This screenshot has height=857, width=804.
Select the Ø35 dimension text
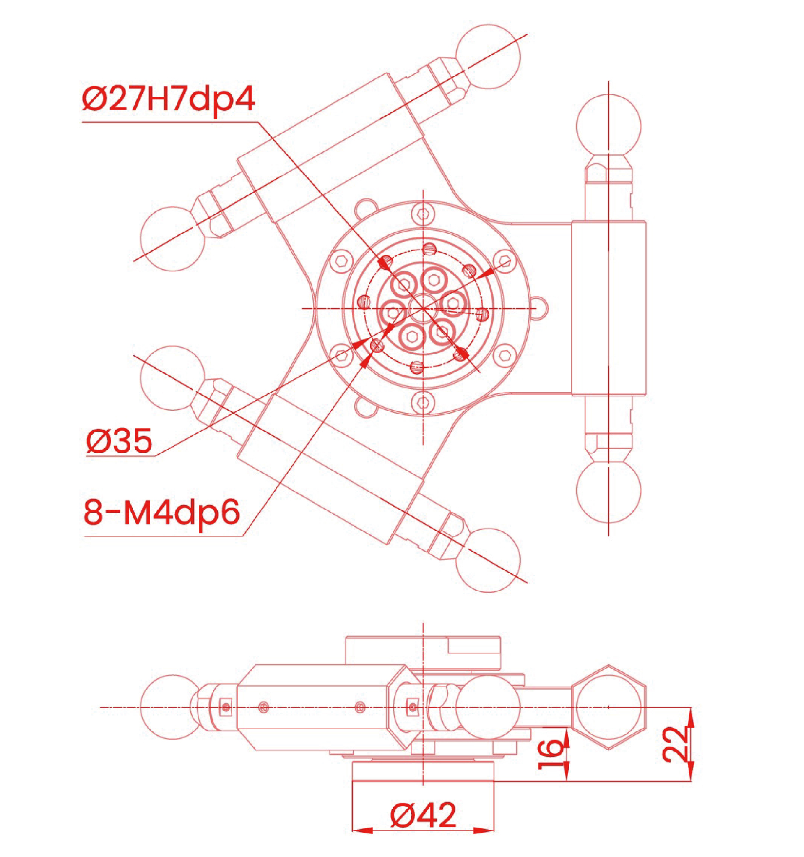[119, 441]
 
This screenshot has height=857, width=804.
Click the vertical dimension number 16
[550, 754]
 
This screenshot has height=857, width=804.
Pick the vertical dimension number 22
[675, 744]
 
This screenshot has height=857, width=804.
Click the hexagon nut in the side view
[609, 707]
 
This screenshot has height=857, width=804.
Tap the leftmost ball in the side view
[173, 707]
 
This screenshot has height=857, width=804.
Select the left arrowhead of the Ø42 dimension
[363, 830]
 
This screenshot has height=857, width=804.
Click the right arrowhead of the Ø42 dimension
[483, 830]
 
